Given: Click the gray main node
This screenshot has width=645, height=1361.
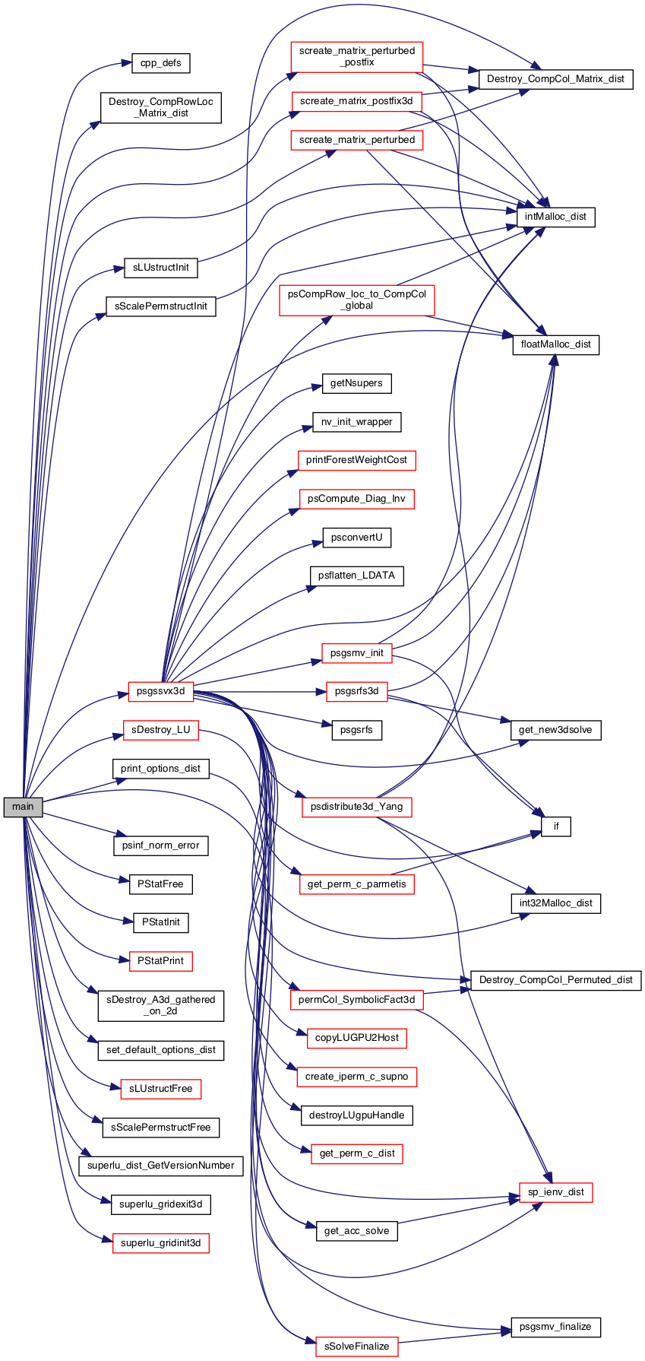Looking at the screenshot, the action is tap(23, 807).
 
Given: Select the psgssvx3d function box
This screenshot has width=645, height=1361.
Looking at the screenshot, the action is tap(161, 692).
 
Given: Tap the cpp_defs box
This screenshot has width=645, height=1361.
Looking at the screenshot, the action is tap(161, 63).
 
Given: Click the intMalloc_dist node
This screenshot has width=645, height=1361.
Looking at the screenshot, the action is tap(556, 217).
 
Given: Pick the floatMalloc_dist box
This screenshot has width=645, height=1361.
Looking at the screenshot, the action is tap(556, 344).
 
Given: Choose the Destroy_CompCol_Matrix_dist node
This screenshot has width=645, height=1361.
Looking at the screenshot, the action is tap(555, 79).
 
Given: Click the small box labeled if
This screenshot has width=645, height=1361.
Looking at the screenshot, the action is tap(556, 826).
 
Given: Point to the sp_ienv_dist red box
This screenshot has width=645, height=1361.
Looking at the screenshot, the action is tap(556, 1192).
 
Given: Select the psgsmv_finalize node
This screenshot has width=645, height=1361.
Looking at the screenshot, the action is tap(556, 1327).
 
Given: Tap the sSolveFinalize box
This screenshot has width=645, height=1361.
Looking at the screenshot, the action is tap(357, 1347).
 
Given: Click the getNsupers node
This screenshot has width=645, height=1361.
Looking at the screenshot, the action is tap(357, 383).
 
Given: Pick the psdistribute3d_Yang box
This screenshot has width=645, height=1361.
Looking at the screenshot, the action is tap(357, 807).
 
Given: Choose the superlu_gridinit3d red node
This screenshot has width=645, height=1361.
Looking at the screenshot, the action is tap(161, 1243).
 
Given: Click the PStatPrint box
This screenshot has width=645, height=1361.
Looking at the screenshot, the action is tap(161, 961).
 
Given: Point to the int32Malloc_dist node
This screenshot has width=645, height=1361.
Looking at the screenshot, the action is tap(556, 903).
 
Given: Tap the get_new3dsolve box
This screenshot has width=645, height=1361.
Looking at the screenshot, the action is tap(556, 730).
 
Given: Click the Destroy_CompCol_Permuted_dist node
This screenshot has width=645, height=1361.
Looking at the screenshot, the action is tap(556, 980).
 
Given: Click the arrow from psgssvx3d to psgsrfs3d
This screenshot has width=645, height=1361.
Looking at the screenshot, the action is tap(260, 692).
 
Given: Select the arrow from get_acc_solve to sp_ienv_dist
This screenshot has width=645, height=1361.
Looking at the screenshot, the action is tap(458, 1211).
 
